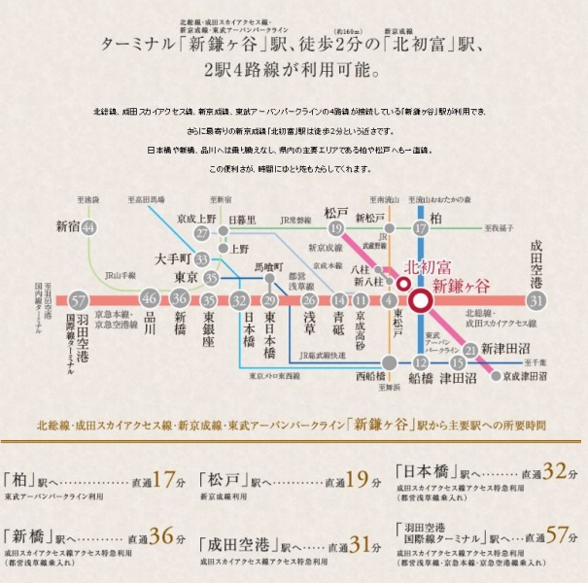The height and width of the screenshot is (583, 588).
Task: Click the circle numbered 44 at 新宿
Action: click(88, 227)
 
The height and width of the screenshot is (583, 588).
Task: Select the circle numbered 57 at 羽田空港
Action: click(79, 299)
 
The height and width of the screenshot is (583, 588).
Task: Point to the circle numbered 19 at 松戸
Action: click(336, 228)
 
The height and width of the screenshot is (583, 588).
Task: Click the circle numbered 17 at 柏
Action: click(421, 228)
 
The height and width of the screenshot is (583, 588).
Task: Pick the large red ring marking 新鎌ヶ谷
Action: click(421, 300)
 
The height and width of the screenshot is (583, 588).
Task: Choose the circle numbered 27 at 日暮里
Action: click(201, 234)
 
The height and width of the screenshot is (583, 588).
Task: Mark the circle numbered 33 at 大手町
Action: click(201, 259)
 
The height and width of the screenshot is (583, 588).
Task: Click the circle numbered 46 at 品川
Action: click(149, 299)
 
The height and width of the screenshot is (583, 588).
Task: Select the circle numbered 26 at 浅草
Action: click(308, 300)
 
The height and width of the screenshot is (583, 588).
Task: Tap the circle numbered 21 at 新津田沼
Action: click(470, 350)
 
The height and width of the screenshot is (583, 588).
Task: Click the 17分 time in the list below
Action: click(168, 479)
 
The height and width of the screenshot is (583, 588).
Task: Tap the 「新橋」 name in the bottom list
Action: click(30, 536)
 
